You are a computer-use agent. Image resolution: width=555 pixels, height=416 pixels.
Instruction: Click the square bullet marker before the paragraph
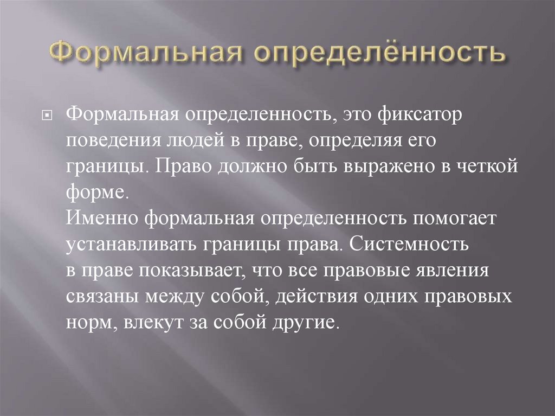coord(47,116)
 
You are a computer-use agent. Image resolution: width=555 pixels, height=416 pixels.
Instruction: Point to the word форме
coord(95,194)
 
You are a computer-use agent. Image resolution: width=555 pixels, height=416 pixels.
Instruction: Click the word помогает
coord(455,219)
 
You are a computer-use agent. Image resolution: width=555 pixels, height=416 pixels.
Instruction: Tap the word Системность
coord(409,244)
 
